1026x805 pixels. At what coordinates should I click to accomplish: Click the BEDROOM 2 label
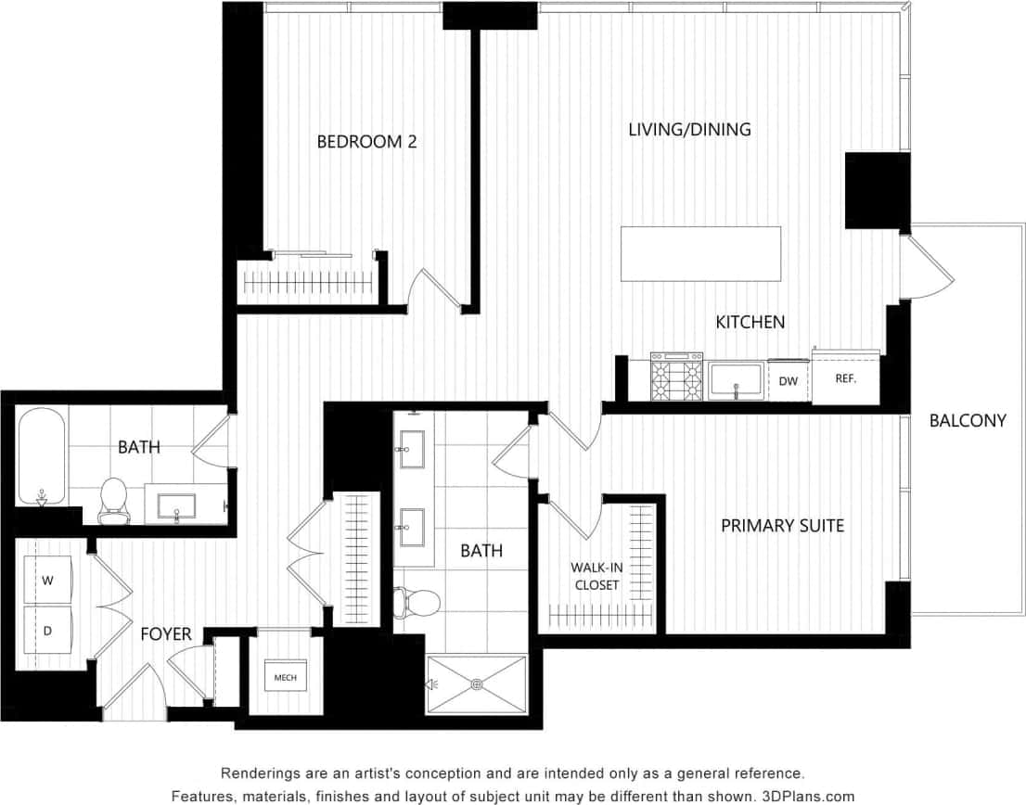click(x=366, y=142)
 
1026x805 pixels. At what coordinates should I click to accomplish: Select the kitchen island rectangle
click(x=700, y=254)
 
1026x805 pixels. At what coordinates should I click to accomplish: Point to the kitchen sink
click(x=736, y=381)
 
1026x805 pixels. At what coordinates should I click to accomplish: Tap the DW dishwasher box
click(x=788, y=381)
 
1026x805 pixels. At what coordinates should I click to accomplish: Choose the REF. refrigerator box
click(x=845, y=379)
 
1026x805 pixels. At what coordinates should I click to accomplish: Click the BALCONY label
click(x=968, y=420)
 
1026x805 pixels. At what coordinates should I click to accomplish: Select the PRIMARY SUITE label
click(x=782, y=526)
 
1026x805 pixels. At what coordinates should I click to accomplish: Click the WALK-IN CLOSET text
click(x=596, y=576)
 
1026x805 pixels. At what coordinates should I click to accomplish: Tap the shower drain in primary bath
click(x=477, y=685)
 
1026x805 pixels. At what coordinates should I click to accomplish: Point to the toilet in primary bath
click(x=417, y=603)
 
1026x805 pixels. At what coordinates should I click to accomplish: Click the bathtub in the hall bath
click(x=41, y=456)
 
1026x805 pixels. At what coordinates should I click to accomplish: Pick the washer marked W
click(x=47, y=581)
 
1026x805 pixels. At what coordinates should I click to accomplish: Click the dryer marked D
click(x=47, y=631)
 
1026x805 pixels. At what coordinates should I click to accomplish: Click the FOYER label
click(x=166, y=634)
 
